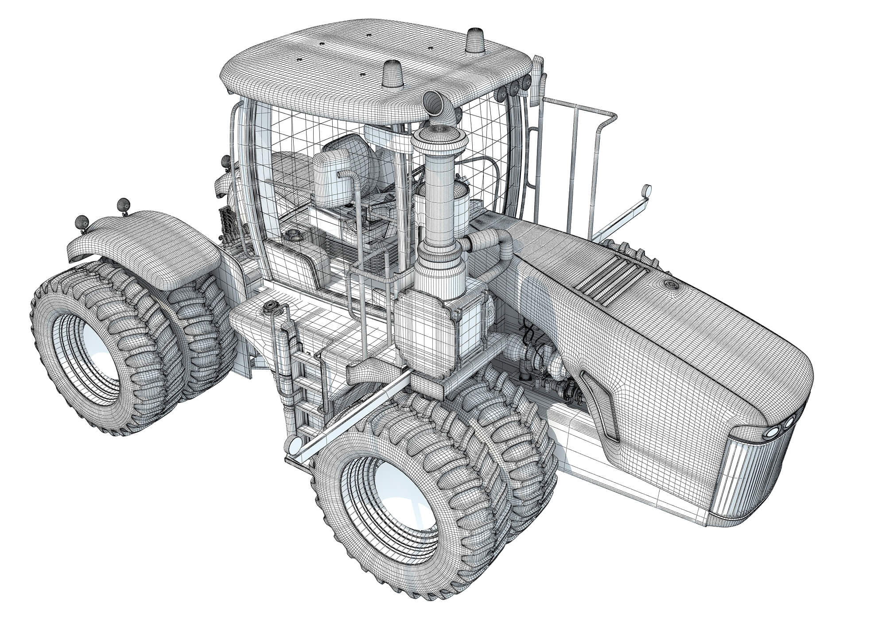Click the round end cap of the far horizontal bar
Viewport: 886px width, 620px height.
pyautogui.click(x=647, y=191)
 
